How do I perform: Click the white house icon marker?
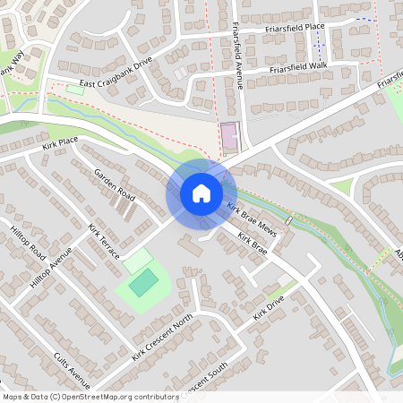tap(201, 193)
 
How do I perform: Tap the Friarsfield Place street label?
tap(295, 28)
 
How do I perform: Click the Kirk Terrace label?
tap(104, 242)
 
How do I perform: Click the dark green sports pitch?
tap(143, 284)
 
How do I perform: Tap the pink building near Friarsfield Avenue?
tap(229, 137)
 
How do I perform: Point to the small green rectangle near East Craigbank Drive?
tap(73, 90)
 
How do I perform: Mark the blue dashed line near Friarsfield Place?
tap(363, 20)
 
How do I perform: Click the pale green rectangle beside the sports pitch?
tap(138, 262)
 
